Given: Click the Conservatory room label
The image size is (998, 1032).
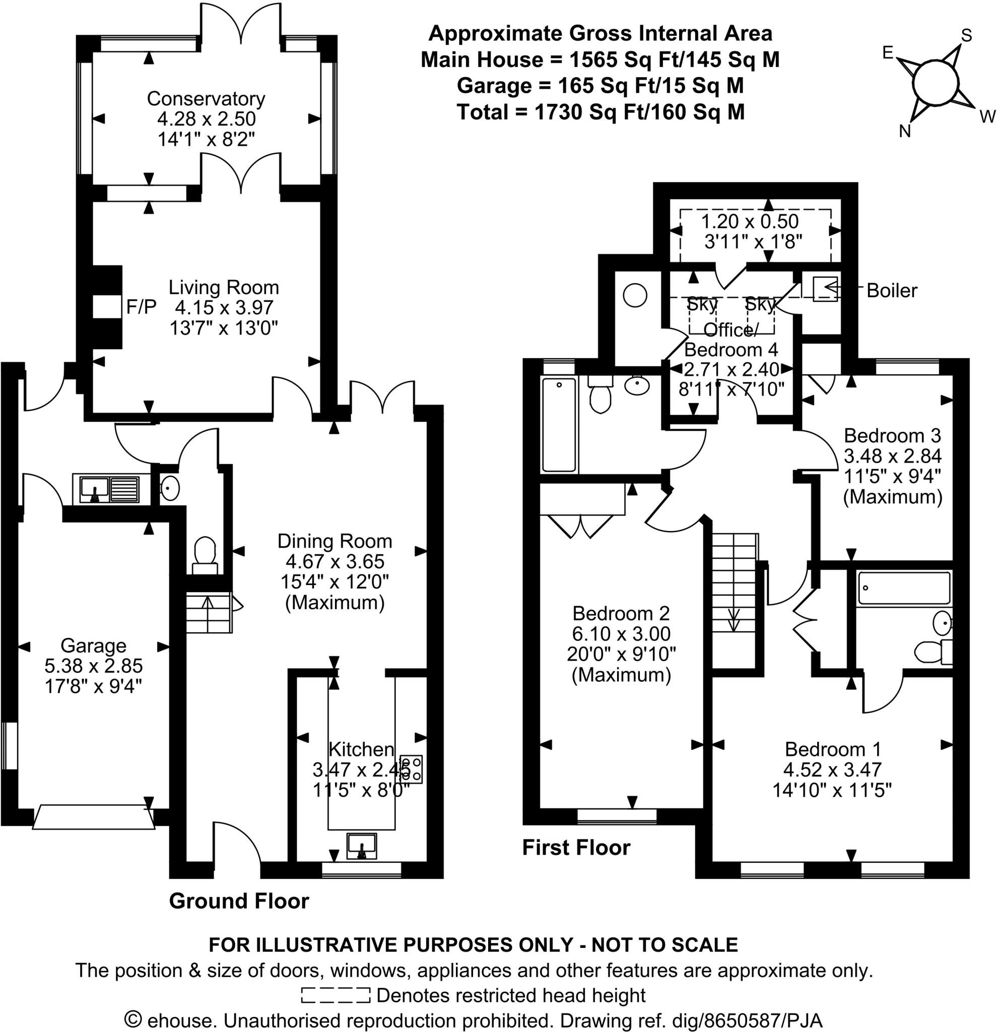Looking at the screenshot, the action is coord(206,98).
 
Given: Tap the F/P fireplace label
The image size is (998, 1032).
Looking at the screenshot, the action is coord(141,307).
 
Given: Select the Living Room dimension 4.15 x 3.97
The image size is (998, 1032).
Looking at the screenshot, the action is coord(224,307).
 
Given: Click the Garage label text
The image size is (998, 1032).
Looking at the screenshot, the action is coord(93,646).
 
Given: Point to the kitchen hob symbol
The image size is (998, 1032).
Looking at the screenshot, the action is coord(411,769).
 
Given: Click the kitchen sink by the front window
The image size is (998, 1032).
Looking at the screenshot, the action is coord(362,846).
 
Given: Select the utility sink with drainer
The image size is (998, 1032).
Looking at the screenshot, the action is coord(109,489).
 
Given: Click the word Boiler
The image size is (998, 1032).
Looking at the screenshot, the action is coord(892,291).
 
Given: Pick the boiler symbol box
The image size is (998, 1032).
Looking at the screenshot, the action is coord(825,289).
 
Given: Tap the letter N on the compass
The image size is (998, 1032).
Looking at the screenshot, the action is coord(905,131).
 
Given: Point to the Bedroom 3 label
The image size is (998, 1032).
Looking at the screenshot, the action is coord(892,435).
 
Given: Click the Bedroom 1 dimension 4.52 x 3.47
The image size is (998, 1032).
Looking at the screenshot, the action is coord(832,770).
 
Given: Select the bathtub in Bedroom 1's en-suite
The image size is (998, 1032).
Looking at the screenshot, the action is coord(904,588).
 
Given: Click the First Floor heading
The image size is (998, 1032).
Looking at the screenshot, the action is coord(576,848).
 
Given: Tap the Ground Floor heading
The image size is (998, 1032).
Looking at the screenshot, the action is coord(238,901).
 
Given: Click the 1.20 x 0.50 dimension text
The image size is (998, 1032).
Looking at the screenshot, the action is coord(750,221).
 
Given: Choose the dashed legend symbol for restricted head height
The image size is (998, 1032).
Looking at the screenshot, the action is coord(336,996).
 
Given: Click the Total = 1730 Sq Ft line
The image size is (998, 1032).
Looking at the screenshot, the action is coord(601,112).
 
